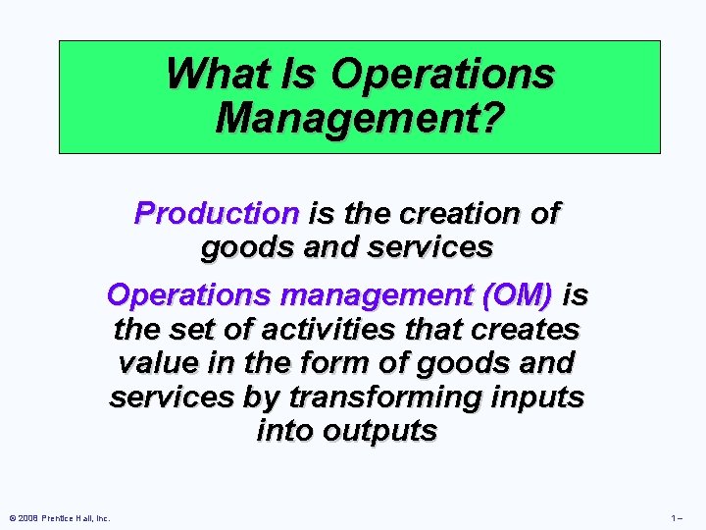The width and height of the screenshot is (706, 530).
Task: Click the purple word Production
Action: [x=217, y=213]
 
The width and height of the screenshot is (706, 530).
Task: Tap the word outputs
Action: [x=380, y=430]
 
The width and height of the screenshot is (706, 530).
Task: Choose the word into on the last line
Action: [x=284, y=430]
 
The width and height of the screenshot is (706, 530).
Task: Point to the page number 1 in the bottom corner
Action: [x=675, y=518]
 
